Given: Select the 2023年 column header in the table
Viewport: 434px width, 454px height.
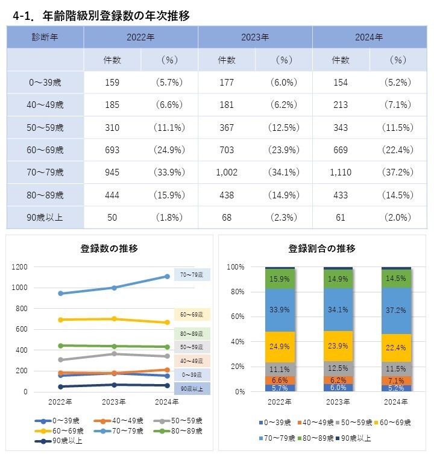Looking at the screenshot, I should [255, 37].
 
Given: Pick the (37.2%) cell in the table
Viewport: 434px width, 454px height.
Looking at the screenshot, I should [398, 172].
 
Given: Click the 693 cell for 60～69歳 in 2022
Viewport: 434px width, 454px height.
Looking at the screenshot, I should [112, 150].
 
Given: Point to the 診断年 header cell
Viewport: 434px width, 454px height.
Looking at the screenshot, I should [45, 37].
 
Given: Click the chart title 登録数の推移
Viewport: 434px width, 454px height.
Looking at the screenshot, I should [109, 248].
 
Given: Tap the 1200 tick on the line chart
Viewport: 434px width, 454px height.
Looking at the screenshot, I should [20, 267].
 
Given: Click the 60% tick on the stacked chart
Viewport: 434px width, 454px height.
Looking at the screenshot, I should [236, 317].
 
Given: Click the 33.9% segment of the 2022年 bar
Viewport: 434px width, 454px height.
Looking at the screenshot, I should [280, 310].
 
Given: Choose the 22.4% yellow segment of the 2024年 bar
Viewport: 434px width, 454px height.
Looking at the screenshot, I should [396, 348].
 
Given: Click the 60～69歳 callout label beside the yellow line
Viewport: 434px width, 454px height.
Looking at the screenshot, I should [192, 315].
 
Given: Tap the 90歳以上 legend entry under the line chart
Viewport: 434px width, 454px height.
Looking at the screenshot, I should [60, 441].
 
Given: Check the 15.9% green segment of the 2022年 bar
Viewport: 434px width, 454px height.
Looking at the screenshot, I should [280, 279].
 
